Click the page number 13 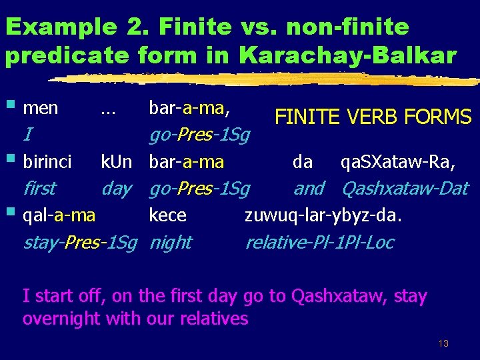443,344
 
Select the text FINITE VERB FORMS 373,118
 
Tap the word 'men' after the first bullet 41,107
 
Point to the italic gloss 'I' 27,135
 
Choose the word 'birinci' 47,162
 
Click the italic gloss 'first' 39,189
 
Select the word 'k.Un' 116,162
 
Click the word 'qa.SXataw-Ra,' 398,162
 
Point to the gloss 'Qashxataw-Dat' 405,189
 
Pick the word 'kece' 167,215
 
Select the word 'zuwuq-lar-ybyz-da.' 324,215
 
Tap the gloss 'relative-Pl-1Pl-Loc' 319,242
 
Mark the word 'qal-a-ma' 59,215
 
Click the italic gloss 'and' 309,189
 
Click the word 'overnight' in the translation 61,319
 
